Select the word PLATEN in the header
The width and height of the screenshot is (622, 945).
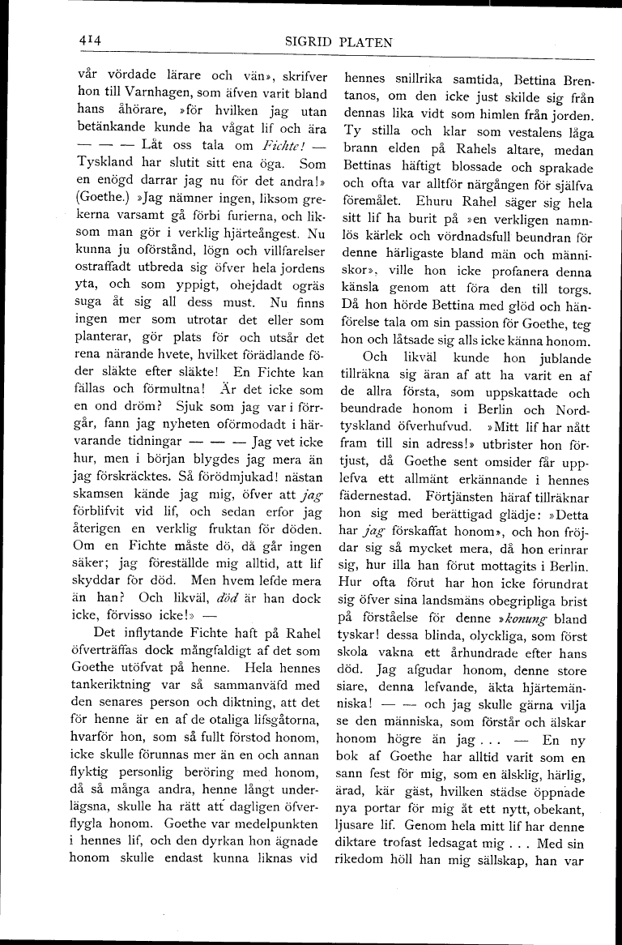[x=366, y=42]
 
